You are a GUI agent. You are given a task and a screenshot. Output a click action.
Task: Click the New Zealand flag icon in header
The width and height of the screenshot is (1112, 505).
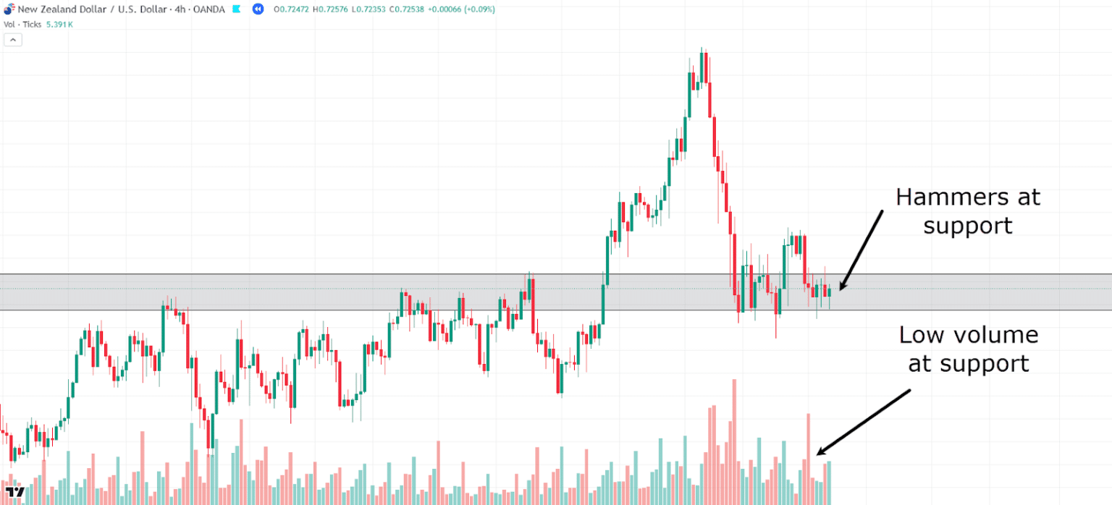(x=9, y=9)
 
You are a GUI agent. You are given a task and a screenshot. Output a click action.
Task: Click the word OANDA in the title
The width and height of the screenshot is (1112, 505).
(x=208, y=9)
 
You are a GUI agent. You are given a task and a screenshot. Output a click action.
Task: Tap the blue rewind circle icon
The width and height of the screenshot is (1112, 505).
(x=258, y=9)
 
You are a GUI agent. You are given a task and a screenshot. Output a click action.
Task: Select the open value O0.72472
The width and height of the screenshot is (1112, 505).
(x=291, y=9)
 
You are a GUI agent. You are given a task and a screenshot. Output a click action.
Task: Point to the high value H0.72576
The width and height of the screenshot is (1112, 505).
(x=330, y=9)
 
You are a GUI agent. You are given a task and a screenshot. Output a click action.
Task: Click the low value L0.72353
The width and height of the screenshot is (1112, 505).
(x=368, y=9)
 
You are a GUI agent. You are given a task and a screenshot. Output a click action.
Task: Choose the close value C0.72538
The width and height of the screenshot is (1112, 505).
(x=407, y=9)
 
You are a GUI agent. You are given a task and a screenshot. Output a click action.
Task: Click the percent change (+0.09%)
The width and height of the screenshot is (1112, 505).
(x=479, y=9)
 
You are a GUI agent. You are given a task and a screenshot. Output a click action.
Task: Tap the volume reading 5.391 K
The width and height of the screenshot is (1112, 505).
(x=59, y=25)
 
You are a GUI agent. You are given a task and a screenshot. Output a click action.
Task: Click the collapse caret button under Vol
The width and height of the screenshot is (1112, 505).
(x=13, y=40)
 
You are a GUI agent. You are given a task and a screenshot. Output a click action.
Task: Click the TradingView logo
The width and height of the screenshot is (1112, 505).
(x=15, y=492)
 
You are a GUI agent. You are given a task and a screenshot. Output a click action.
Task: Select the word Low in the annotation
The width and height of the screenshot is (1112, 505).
(x=922, y=336)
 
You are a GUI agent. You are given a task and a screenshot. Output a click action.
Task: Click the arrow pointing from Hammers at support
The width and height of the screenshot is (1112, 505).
(x=862, y=250)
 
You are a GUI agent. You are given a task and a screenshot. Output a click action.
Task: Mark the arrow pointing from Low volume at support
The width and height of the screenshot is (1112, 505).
(x=863, y=422)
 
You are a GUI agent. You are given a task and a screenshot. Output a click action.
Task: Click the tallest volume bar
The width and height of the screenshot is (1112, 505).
(x=734, y=442)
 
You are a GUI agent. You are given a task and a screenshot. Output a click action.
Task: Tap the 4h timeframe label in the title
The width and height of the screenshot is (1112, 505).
(x=180, y=9)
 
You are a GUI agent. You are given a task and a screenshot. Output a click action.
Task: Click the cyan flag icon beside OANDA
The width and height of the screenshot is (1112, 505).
(x=237, y=9)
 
